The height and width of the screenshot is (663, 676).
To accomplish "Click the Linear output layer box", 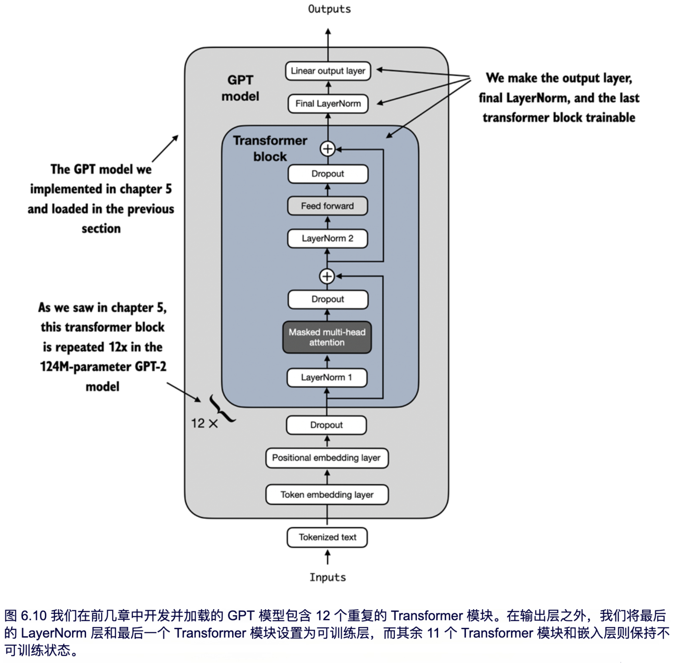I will coord(328,71).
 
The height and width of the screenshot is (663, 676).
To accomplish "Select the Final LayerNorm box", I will coord(328,104).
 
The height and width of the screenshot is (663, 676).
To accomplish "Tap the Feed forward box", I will coord(327,206).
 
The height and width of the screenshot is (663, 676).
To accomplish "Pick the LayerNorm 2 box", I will coord(327,239).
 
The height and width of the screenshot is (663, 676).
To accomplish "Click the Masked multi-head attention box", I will coord(327,337).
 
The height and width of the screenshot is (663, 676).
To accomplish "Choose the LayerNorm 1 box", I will coord(326,378).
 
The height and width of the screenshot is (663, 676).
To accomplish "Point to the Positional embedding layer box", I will coord(326,458).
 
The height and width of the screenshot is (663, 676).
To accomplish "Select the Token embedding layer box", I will coord(326,495).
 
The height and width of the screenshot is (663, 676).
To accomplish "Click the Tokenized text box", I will coord(327,537).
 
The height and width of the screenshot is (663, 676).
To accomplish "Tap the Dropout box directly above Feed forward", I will coord(328,174).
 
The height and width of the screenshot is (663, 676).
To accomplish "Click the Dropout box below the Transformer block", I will coord(326,425).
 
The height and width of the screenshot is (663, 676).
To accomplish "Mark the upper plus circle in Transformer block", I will coord(328,149).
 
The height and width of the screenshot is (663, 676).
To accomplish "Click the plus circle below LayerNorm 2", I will coord(327,276).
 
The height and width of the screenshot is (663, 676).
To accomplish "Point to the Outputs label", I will coord(329,9).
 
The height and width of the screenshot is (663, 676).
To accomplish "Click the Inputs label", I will coord(328,577).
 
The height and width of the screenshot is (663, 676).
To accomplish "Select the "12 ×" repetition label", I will coord(204,423).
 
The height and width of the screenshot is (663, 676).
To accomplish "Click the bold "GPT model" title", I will coord(240,88).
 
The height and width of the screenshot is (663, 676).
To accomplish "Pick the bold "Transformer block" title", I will coord(270,148).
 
